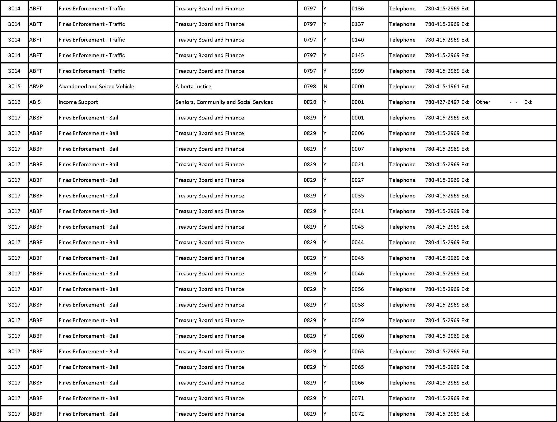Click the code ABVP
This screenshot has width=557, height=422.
(x=36, y=87)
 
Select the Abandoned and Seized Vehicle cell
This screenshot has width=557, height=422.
(x=96, y=87)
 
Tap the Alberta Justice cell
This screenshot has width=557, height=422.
(x=193, y=87)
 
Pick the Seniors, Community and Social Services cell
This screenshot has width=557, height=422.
(x=224, y=102)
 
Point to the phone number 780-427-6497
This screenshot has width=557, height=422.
(x=442, y=102)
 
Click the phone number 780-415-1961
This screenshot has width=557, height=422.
(x=442, y=87)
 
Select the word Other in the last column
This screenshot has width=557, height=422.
(x=483, y=102)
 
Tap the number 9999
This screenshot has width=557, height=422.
(x=358, y=71)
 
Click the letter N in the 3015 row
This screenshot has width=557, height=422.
(x=325, y=87)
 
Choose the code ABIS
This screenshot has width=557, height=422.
(x=35, y=102)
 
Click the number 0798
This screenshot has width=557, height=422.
(x=310, y=87)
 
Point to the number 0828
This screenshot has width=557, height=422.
(x=310, y=102)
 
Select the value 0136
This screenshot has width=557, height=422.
(x=358, y=9)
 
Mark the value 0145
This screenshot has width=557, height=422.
(x=358, y=56)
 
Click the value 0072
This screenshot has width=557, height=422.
(x=358, y=414)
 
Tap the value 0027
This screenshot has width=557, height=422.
(x=358, y=180)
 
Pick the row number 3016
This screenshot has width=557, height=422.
(x=14, y=102)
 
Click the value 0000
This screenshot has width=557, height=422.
(x=358, y=87)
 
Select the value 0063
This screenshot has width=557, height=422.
(x=358, y=352)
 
